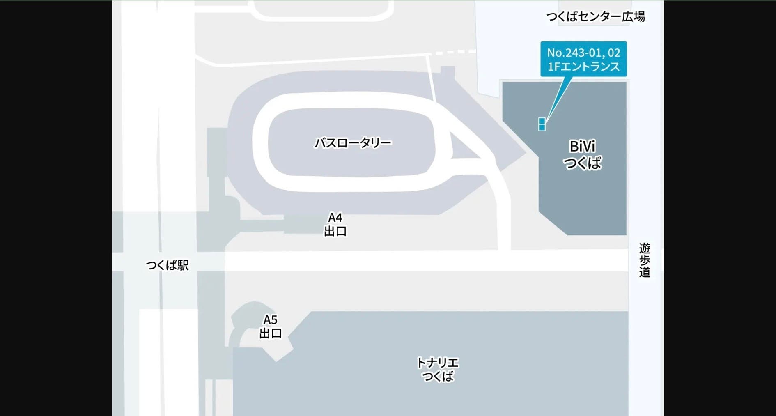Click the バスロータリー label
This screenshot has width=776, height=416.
coord(353,143)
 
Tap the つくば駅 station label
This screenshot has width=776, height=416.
coord(167,265)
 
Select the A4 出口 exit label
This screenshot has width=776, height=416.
coord(335,224)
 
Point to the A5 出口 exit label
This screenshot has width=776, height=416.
coord(270,326)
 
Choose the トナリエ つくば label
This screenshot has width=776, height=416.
coord(438,369)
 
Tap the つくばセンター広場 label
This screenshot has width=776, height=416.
coord(595,16)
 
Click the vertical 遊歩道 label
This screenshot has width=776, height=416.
coord(644,260)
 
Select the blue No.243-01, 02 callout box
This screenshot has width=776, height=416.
coord(583,59)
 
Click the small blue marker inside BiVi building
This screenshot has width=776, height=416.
coord(542,124)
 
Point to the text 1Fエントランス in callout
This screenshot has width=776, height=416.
coord(583,67)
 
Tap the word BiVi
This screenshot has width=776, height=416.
coord(582,146)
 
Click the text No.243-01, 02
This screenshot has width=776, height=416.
coord(583,53)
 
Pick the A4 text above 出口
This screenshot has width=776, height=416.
coord(335,217)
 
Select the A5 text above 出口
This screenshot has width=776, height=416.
coord(270,319)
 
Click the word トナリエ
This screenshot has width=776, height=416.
coord(438,363)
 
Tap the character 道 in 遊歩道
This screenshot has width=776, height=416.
coord(644,272)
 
